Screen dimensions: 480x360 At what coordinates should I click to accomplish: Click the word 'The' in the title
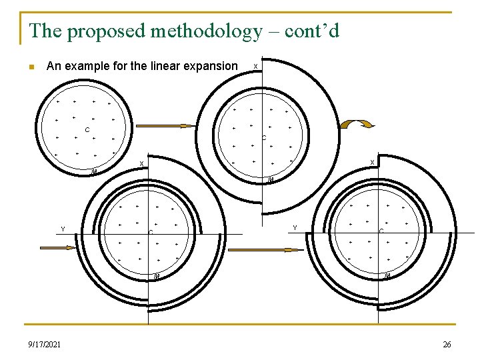[45, 31]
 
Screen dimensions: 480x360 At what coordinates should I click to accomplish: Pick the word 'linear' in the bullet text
[165, 66]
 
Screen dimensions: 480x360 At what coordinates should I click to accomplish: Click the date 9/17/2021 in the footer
[44, 344]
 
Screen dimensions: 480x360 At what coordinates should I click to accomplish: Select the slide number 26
[446, 344]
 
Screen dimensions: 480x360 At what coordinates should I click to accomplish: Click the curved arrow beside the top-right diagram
[357, 124]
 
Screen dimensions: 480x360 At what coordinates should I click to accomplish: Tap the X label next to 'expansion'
[256, 66]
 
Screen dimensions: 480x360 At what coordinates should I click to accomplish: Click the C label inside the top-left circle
[87, 129]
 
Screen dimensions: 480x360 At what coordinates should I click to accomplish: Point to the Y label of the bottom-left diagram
[63, 229]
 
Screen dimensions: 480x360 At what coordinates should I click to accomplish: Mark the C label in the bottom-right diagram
[381, 231]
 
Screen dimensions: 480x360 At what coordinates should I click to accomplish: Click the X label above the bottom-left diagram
[141, 164]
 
